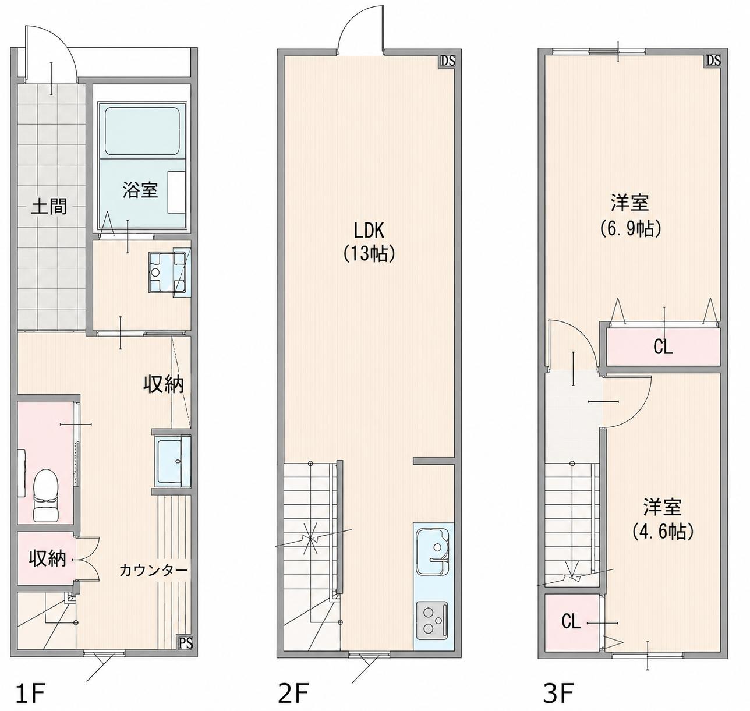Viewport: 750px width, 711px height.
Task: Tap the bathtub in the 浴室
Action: (142, 131)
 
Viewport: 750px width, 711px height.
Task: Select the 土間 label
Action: (49, 207)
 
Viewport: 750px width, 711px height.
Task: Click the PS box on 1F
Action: (186, 642)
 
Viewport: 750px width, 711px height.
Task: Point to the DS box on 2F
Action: (448, 61)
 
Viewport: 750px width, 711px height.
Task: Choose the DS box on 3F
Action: (713, 61)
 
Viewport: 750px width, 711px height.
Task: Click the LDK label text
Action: (369, 231)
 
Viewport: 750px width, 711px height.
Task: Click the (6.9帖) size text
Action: (629, 229)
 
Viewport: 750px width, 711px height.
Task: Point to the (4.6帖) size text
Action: (662, 531)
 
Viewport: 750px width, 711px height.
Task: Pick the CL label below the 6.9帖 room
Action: (663, 347)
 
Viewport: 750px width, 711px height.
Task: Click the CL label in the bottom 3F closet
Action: (571, 622)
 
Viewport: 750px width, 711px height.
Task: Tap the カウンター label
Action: (153, 571)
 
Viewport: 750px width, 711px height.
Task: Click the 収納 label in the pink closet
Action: (47, 559)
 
